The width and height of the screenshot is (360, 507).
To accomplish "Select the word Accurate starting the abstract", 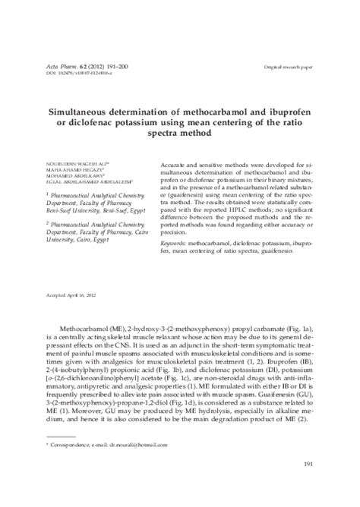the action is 176,163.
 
